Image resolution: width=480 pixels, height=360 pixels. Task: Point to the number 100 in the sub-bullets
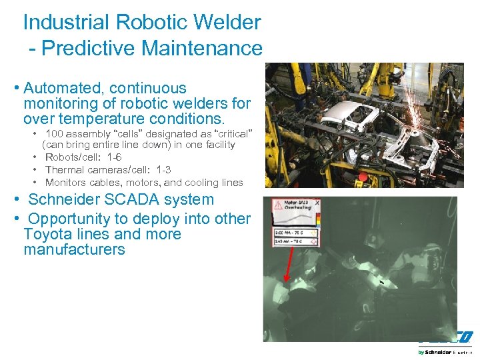pyautogui.click(x=55, y=133)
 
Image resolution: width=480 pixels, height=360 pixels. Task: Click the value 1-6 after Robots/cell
pyautogui.click(x=111, y=157)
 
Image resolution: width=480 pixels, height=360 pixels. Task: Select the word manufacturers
pyautogui.click(x=74, y=249)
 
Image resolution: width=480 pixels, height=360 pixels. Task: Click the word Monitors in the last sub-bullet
pyautogui.click(x=65, y=182)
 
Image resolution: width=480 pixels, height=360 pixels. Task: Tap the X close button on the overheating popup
pyautogui.click(x=317, y=203)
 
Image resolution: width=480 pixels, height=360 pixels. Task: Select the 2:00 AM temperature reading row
pyautogui.click(x=296, y=232)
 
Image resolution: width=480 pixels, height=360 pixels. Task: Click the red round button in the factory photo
pyautogui.click(x=363, y=178)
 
